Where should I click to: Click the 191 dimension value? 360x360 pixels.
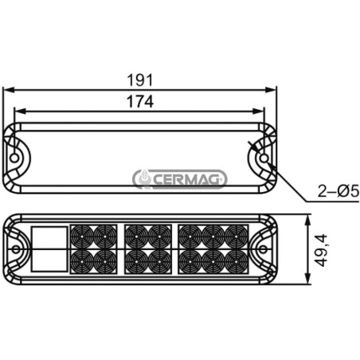pos(140,80)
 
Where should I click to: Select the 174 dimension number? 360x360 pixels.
pos(140,101)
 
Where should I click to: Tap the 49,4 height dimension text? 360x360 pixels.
pos(321,250)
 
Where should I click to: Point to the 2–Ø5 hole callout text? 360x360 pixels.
pos(338,191)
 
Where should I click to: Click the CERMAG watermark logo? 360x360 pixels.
pos(180,179)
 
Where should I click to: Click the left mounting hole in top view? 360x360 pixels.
pos(14,158)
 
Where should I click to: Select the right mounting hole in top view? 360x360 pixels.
pos(264,158)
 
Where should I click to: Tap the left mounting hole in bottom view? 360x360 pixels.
pos(16,249)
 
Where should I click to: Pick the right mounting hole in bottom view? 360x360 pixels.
pos(263,249)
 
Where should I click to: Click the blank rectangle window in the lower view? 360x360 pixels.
pos(49,249)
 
